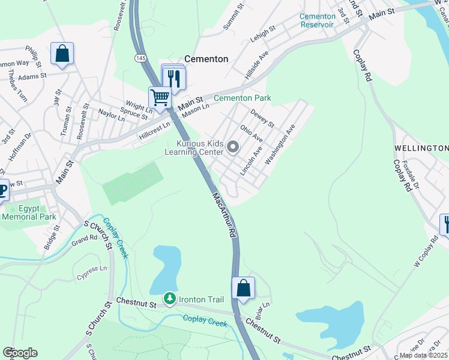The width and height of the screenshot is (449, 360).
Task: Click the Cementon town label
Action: [206, 59]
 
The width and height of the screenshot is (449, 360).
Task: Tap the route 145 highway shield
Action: [140, 58]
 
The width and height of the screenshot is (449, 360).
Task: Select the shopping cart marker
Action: [160, 97]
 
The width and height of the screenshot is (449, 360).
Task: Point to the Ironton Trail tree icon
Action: [170, 298]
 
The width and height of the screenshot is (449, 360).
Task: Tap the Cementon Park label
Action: [243, 98]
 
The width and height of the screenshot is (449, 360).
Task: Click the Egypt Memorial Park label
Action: [29, 212]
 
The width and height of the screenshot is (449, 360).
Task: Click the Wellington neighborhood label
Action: [421, 148]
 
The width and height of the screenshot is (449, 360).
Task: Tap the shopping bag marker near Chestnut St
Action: [243, 288]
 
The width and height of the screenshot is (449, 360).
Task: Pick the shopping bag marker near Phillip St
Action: [62, 54]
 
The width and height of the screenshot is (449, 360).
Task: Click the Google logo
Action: [20, 353]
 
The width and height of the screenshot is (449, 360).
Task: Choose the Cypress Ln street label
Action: [91, 273]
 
